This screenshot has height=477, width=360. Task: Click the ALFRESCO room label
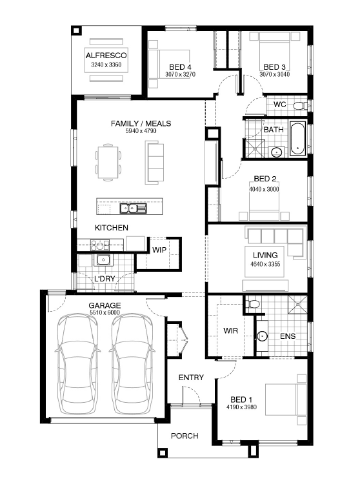(106, 56)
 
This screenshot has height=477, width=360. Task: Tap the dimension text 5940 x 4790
(141, 131)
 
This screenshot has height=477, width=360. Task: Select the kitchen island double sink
(133, 208)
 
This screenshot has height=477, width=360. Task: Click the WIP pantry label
(159, 250)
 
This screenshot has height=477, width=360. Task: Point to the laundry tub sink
(103, 259)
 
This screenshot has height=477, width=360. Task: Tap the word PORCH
(185, 436)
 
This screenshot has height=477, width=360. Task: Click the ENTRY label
(191, 378)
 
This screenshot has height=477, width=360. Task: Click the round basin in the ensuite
(262, 336)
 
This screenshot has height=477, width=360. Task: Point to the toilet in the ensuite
(252, 303)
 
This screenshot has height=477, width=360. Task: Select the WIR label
(230, 330)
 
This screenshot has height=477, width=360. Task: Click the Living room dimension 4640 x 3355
(265, 264)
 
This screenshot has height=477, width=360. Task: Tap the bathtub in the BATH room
(297, 138)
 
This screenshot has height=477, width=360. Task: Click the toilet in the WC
(301, 106)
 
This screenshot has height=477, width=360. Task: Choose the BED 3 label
(274, 67)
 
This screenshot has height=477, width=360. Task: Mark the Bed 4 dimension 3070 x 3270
(180, 74)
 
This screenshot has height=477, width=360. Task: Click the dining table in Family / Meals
(108, 162)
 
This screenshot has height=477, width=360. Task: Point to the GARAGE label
(105, 305)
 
